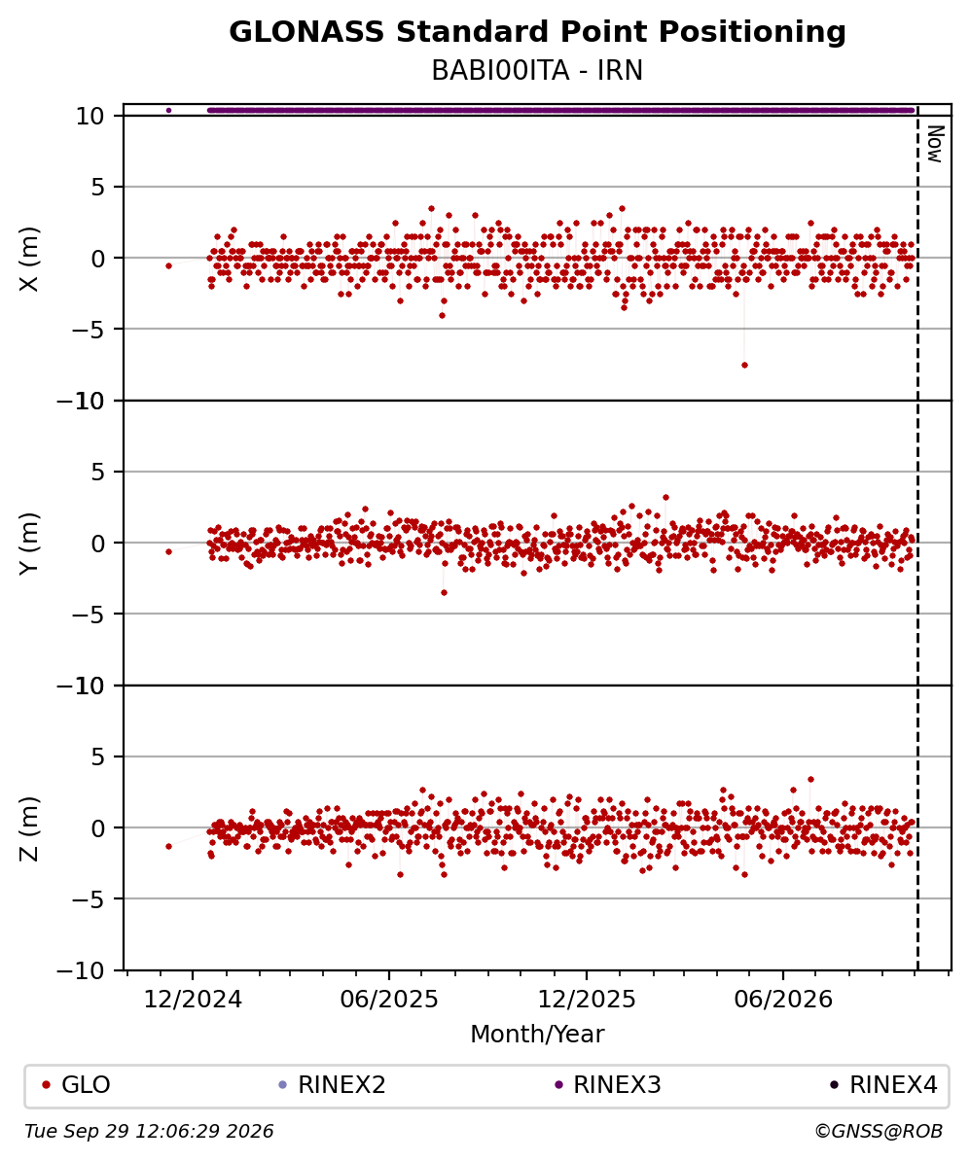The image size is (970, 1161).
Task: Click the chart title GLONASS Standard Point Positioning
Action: point(537,32)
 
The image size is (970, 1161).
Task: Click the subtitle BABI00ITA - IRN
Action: point(537,71)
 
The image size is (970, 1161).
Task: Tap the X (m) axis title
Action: point(29,259)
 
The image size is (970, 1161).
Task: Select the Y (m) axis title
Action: point(29,543)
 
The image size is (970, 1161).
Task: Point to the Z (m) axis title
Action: point(29,828)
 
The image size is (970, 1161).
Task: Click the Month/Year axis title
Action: point(537,1034)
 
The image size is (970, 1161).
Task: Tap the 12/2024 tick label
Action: point(193,1000)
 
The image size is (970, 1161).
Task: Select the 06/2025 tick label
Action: point(389,1000)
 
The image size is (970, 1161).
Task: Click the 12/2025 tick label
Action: point(586,1000)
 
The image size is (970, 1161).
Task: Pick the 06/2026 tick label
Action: point(783,1000)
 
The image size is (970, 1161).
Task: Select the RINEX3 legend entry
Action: point(608,1085)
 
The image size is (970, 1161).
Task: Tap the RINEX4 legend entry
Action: point(883,1085)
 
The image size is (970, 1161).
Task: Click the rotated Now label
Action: point(936,144)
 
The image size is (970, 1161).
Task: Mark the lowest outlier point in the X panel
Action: point(744,365)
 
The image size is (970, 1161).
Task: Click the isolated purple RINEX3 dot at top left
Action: point(168,110)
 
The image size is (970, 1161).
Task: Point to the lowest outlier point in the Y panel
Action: point(444,592)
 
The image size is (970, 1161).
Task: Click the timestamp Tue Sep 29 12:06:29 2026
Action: point(149,1131)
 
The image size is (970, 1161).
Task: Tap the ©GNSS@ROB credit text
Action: point(879,1131)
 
